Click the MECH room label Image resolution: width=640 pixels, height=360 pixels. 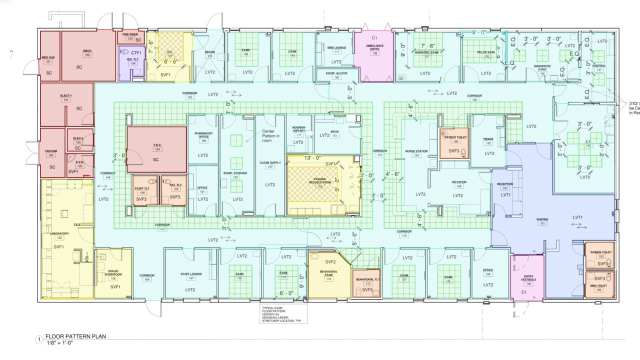pyautogui.click(x=87, y=50)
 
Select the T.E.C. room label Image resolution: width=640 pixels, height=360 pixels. pyautogui.click(x=157, y=145)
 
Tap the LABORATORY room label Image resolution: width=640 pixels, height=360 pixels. pyautogui.click(x=59, y=233)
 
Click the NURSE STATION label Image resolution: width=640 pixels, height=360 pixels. pyautogui.click(x=416, y=150)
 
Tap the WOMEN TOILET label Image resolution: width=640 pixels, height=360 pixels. pyautogui.click(x=601, y=252)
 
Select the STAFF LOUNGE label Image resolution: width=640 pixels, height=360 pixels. pyautogui.click(x=190, y=274)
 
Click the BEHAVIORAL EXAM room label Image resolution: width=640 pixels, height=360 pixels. pyautogui.click(x=328, y=273)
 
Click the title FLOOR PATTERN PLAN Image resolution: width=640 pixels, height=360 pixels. pyautogui.click(x=75, y=336)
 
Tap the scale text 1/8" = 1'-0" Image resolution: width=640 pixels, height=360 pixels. pyautogui.click(x=62, y=343)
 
